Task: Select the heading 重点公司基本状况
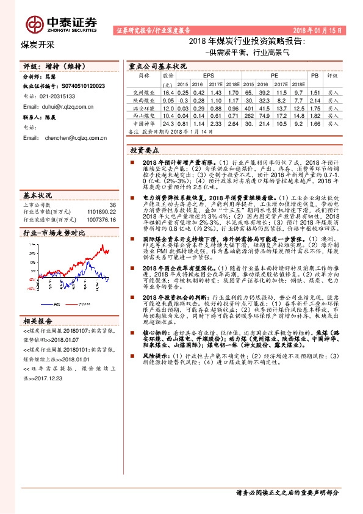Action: (x=158, y=65)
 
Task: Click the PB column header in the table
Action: (x=315, y=75)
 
